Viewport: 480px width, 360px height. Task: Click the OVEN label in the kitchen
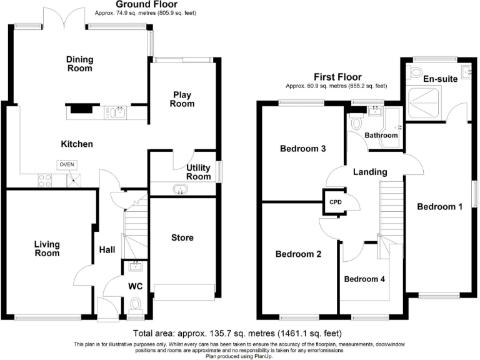point(66,164)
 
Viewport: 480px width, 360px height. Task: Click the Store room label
point(182,237)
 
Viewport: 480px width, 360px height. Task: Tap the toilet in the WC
point(136,306)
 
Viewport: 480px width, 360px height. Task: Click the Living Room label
point(47,249)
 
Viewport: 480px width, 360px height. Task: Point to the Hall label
point(107,250)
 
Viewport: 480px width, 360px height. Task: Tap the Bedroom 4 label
point(364,279)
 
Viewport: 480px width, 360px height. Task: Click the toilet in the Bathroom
point(356,123)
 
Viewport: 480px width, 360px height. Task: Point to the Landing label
point(369,172)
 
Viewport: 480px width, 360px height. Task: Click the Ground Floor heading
point(146,4)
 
